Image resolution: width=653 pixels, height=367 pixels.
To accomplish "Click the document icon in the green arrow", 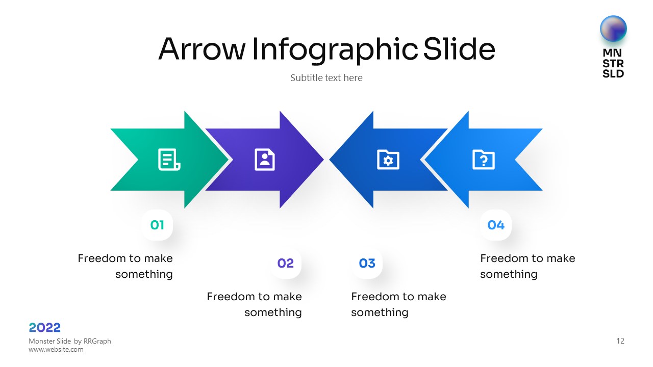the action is tap(169, 160).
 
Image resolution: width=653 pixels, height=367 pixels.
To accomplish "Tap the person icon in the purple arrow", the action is tap(265, 160).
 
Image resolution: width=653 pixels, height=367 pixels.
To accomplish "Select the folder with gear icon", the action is tap(388, 160).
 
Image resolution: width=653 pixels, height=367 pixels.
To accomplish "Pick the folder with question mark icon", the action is tap(483, 160).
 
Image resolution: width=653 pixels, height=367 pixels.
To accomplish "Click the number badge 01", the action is tap(157, 225).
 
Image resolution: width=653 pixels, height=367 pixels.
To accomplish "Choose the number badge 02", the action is tap(285, 264).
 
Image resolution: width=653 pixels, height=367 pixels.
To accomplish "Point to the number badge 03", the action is tap(367, 264).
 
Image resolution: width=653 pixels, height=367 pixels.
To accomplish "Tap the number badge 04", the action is tap(496, 225).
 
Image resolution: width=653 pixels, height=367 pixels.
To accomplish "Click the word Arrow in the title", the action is tap(202, 49).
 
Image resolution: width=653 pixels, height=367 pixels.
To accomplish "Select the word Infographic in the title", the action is tap(335, 50).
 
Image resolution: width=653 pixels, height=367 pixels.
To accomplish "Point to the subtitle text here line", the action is tap(326, 78).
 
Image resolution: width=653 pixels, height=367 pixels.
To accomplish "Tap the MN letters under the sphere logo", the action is tap(612, 53).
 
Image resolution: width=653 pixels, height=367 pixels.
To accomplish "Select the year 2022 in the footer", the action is tap(45, 328).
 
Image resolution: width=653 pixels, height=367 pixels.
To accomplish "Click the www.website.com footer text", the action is tap(56, 350).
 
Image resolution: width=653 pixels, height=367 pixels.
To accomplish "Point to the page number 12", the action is tap(620, 341).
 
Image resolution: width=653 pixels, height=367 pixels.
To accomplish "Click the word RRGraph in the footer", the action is tap(97, 341).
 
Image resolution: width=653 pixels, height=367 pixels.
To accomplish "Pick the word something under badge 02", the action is tap(273, 312).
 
